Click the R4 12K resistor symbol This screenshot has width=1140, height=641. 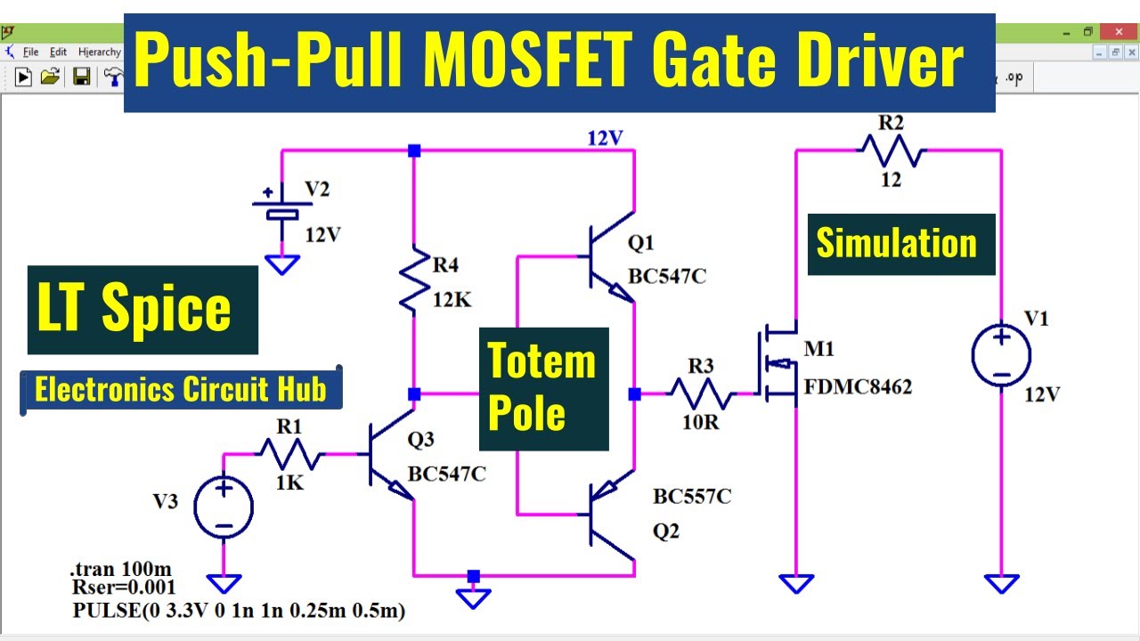tap(414, 278)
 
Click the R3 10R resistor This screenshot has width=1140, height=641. tap(702, 393)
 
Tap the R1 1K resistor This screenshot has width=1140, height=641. tap(290, 455)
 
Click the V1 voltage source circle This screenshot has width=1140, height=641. tap(1001, 356)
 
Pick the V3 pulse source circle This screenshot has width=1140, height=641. tap(224, 507)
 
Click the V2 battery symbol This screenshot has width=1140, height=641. tap(282, 207)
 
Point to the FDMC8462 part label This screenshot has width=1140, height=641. tap(857, 387)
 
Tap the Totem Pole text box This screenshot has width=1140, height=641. tap(543, 388)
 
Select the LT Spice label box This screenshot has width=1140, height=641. tap(142, 310)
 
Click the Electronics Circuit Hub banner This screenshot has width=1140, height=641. tap(181, 390)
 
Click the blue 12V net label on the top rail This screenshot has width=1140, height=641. tap(605, 137)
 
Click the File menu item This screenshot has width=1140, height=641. tap(30, 52)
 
